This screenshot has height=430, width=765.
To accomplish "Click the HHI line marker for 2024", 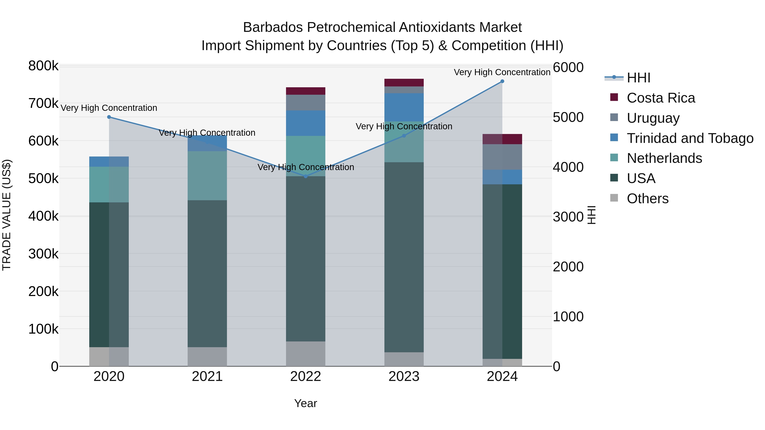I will coord(502,81).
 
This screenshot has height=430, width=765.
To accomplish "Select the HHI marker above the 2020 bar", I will coord(109,117).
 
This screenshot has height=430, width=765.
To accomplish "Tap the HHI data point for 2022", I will coord(306,176).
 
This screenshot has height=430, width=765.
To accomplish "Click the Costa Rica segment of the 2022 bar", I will coord(306,91).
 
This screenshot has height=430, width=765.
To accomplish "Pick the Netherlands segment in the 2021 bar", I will coord(207,176).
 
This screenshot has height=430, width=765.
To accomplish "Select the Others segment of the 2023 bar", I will coord(404,359).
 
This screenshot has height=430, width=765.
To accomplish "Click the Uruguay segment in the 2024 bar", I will coord(502,157).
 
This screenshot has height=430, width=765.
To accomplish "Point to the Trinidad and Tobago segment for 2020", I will coord(109,161).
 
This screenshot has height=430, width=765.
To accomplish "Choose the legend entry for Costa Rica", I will coord(660,98).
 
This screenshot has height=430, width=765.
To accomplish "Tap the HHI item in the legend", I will coord(639,78).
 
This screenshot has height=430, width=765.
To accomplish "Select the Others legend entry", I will coord(647,199).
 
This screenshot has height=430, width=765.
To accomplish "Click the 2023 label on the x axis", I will coord(404,376).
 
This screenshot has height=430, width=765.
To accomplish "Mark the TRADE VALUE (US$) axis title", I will coord(7,215).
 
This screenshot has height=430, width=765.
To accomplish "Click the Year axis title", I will coord(306,403).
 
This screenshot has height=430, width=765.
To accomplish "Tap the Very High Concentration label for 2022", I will coord(306,167).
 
